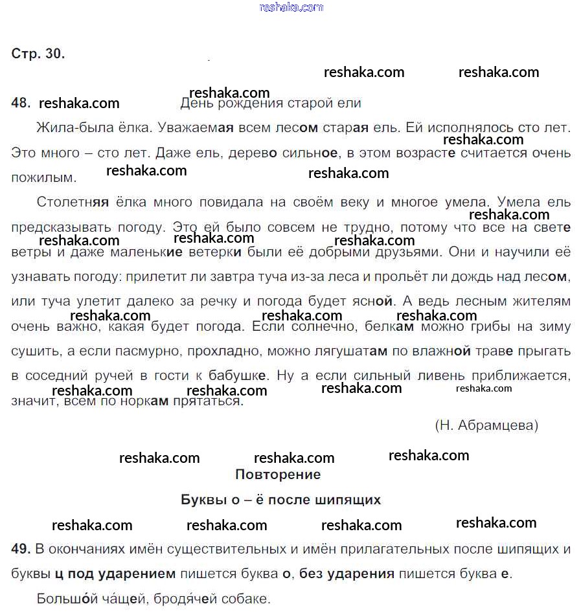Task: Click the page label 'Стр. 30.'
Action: tap(38, 54)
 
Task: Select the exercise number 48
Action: tap(21, 103)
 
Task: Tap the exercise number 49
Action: tap(21, 549)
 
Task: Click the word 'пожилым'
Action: tap(43, 177)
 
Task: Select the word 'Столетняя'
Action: tap(73, 203)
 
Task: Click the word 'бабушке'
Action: tap(237, 375)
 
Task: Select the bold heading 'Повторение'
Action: tap(278, 475)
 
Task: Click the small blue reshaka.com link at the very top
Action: tap(291, 7)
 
